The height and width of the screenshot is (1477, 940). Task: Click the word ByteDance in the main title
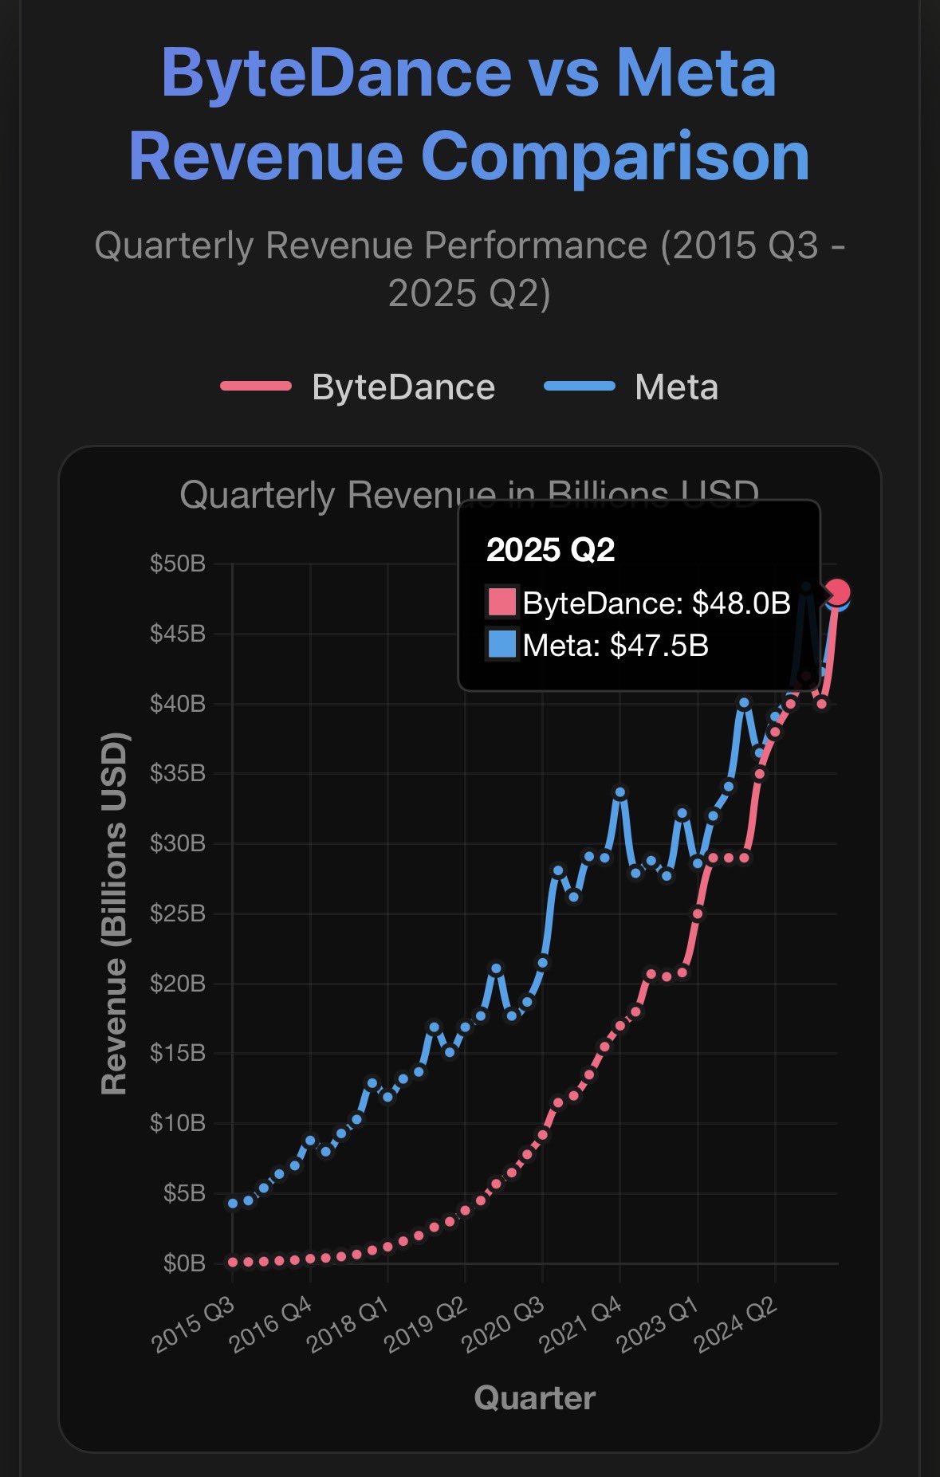(336, 73)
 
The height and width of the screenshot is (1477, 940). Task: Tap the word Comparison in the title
(615, 156)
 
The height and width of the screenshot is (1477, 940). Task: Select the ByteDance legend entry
(403, 387)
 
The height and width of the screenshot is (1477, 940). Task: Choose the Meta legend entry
(676, 387)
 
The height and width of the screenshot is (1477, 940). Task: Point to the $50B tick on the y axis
(177, 564)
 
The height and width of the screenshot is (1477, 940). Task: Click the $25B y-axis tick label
(177, 913)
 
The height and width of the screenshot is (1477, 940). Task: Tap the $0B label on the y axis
(183, 1263)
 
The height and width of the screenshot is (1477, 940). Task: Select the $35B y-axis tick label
(177, 774)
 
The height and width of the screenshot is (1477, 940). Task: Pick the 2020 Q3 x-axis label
(505, 1325)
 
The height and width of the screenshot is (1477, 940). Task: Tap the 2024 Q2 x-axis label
(737, 1325)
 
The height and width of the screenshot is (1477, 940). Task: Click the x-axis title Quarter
(534, 1398)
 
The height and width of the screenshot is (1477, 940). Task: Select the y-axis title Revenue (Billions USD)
(115, 913)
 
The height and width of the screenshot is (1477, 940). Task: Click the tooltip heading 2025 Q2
(550, 550)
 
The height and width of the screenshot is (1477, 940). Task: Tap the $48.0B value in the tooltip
(741, 603)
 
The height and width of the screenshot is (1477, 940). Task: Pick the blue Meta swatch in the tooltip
(501, 644)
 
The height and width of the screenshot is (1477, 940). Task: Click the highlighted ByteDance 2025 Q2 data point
(838, 592)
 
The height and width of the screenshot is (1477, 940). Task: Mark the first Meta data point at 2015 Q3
(233, 1204)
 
